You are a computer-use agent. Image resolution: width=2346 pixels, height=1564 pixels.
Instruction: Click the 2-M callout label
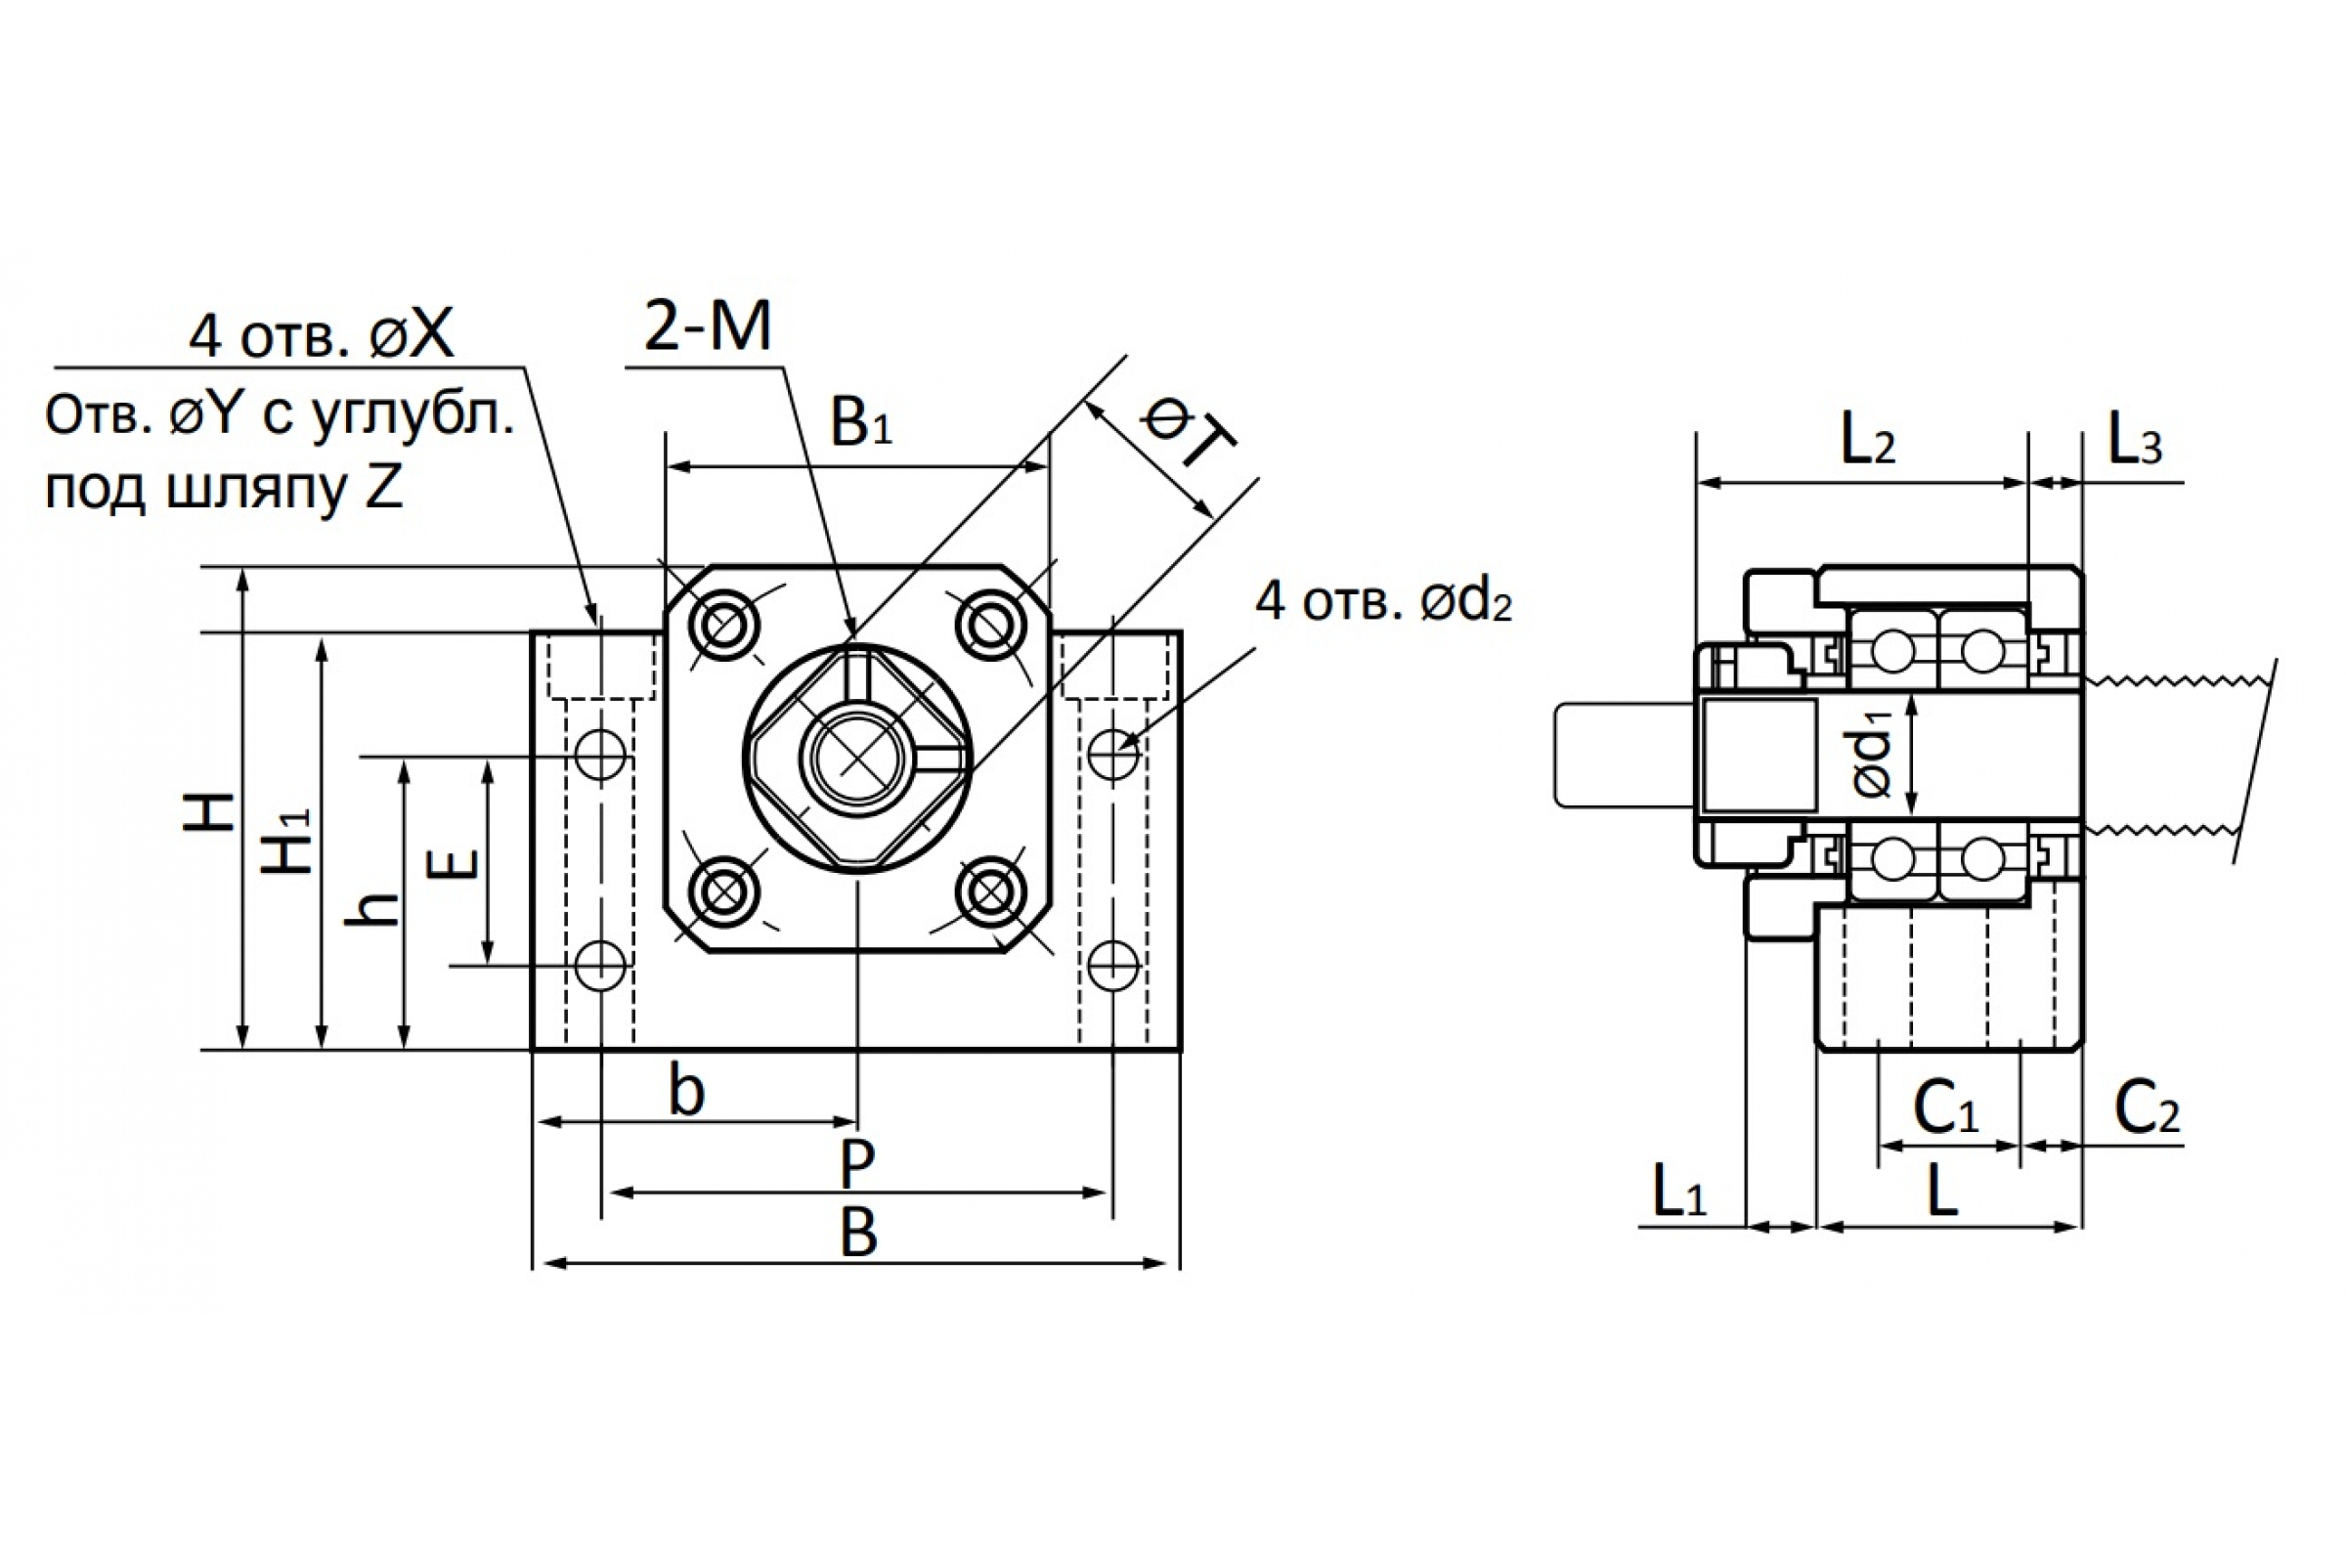click(x=707, y=326)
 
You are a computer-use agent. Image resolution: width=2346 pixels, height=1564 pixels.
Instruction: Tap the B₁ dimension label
click(x=861, y=422)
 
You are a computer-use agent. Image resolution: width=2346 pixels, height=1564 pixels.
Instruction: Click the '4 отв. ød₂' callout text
click(x=1383, y=602)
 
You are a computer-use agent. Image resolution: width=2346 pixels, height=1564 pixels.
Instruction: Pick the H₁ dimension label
click(x=287, y=841)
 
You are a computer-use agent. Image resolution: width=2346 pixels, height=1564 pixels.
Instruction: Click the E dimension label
click(x=453, y=864)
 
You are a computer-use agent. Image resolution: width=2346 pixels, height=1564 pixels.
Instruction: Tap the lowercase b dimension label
click(x=686, y=1090)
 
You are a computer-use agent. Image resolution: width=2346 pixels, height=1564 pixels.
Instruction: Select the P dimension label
click(x=857, y=1162)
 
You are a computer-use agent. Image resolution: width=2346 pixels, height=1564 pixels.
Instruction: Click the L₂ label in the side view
click(x=1867, y=440)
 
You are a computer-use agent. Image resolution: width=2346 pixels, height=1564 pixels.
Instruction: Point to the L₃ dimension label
click(x=2135, y=440)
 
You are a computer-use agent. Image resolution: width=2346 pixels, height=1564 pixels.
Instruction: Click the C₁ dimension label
click(x=1945, y=1108)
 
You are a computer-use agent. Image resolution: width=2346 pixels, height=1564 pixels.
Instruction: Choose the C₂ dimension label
click(x=2148, y=1108)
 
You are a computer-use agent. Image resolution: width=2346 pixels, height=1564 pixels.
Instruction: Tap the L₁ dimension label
click(x=1679, y=1191)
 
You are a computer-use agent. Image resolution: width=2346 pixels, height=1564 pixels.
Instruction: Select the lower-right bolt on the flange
click(x=990, y=891)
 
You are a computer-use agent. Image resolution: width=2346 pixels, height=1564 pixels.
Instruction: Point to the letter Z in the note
click(x=383, y=486)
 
